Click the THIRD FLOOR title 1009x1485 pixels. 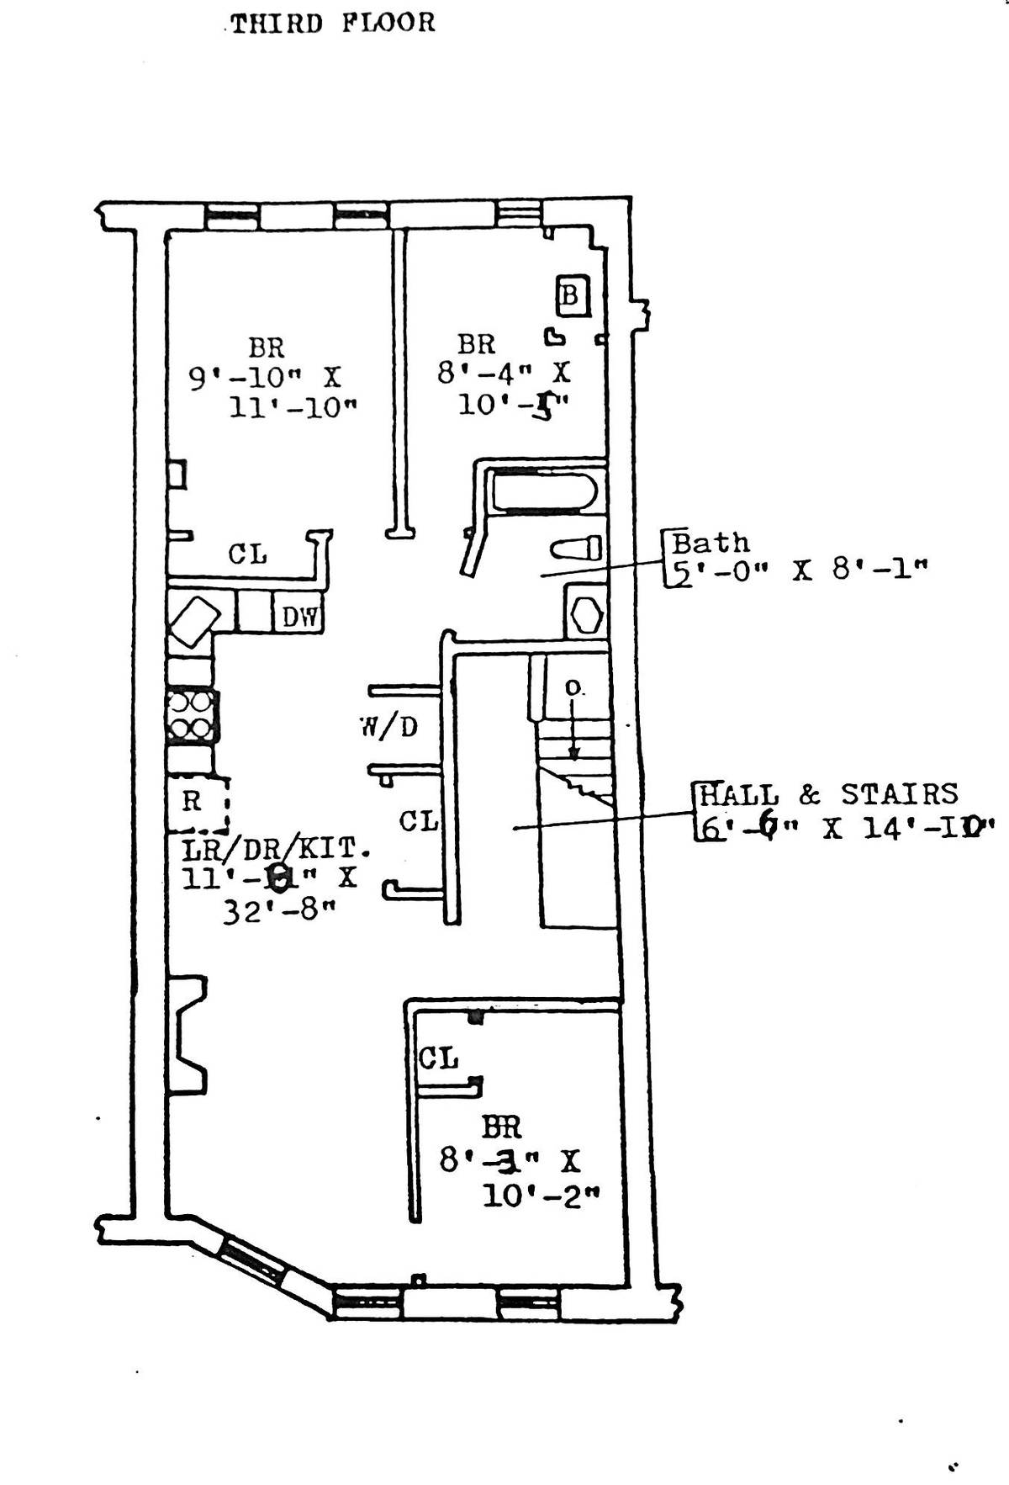[333, 23]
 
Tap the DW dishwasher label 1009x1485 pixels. [299, 617]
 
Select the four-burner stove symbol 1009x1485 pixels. [192, 714]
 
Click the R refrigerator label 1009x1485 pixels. [193, 802]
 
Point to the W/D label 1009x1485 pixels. [389, 727]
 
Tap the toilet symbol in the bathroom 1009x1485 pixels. [577, 549]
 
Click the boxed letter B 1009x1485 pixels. [570, 296]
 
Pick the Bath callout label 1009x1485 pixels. [711, 543]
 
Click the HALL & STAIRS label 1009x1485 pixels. [828, 794]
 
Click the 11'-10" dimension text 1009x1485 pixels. [293, 408]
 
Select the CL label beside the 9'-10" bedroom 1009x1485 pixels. [248, 554]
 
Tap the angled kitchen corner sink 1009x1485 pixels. [194, 621]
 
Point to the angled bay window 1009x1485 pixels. [252, 1262]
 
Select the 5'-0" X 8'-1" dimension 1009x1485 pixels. [799, 570]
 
